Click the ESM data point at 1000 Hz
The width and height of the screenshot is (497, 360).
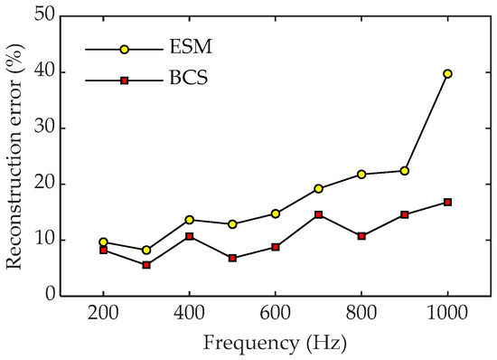(x=447, y=73)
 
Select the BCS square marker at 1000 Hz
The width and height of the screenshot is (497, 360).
(x=447, y=202)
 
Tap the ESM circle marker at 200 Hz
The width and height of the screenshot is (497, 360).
(x=103, y=242)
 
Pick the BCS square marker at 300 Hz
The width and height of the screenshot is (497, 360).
(x=146, y=265)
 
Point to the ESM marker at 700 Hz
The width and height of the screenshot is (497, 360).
(x=318, y=188)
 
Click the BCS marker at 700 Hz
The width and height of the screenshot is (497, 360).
(x=318, y=214)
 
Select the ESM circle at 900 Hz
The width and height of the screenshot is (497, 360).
(x=405, y=170)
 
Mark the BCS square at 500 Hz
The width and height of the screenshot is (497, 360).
(x=232, y=258)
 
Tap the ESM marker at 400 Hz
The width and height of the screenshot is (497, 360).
(x=189, y=220)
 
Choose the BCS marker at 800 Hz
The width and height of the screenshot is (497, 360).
(x=361, y=236)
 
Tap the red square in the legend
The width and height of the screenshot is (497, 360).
(x=125, y=81)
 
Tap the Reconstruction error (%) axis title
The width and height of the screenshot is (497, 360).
(x=15, y=156)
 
